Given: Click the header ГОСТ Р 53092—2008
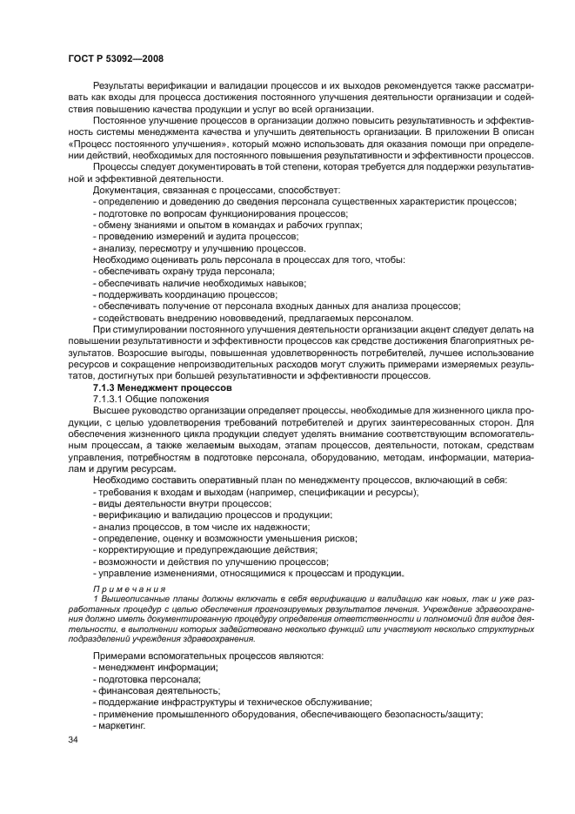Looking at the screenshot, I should point(116,59).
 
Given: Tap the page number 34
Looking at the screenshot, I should point(73,740).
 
